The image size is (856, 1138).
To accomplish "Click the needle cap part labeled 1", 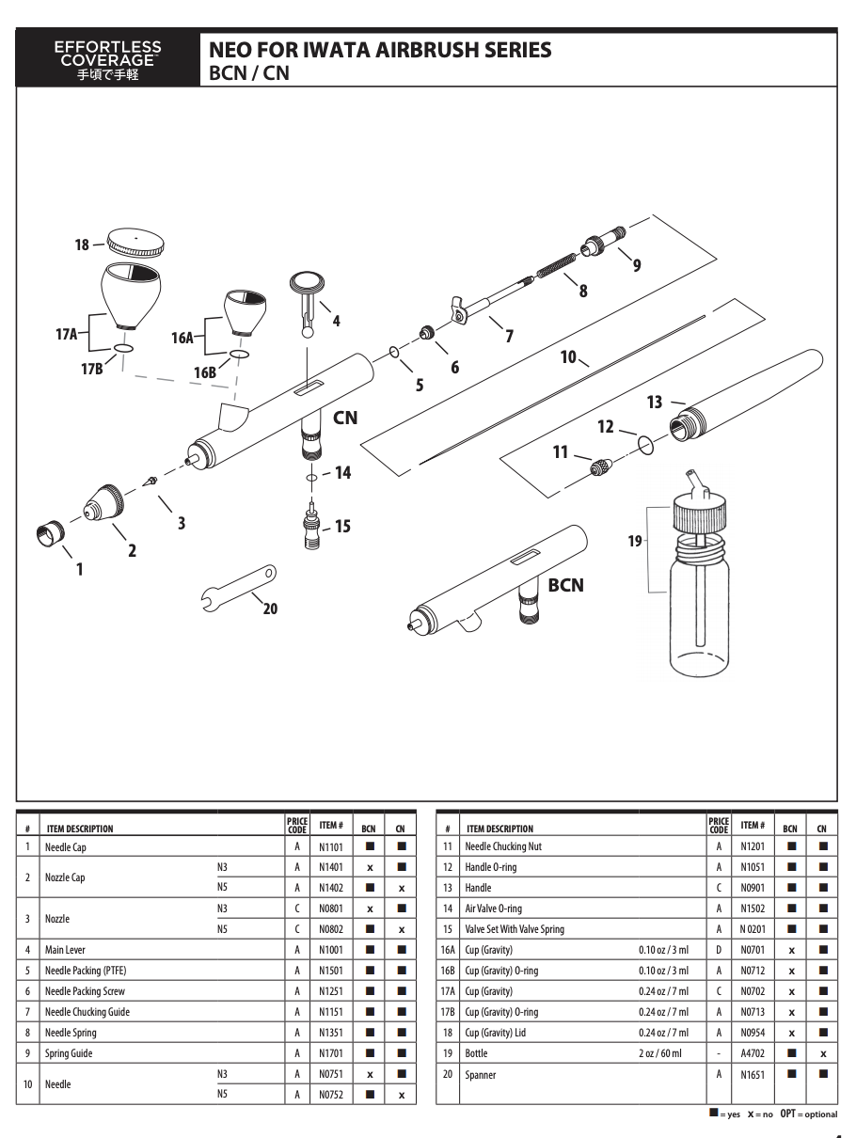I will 49,534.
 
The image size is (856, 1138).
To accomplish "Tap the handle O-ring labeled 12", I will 645,443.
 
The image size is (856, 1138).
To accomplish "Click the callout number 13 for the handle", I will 655,402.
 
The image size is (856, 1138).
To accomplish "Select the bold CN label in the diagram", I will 345,417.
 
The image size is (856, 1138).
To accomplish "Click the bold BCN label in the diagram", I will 565,585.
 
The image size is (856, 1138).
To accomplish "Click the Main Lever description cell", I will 65,950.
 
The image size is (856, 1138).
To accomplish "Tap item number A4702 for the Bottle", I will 753,1053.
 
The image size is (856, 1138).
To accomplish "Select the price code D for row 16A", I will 719,950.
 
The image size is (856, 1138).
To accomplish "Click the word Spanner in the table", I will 481,1074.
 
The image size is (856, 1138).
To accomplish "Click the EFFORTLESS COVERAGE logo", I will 108,60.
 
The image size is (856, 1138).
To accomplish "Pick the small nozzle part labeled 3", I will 149,481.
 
